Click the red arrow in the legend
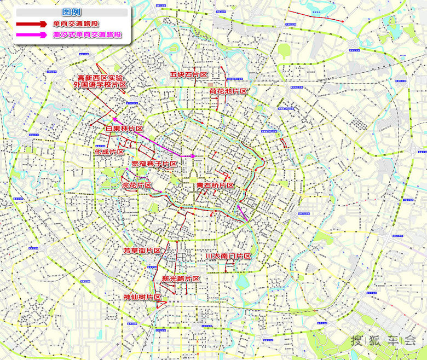[x=32, y=24]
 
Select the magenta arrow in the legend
[x=32, y=34]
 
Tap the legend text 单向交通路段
[x=76, y=24]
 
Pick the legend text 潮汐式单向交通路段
[x=87, y=34]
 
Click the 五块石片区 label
[x=189, y=74]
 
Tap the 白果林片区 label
[x=124, y=129]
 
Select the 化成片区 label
[x=109, y=152]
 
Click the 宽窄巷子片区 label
[x=154, y=164]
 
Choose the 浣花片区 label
[x=136, y=185]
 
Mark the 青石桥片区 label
[x=216, y=186]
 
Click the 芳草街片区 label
[x=142, y=250]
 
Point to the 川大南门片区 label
[x=228, y=256]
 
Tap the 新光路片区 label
[x=181, y=278]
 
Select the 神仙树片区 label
[x=142, y=297]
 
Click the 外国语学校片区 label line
[x=100, y=85]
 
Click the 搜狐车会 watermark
[x=383, y=340]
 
